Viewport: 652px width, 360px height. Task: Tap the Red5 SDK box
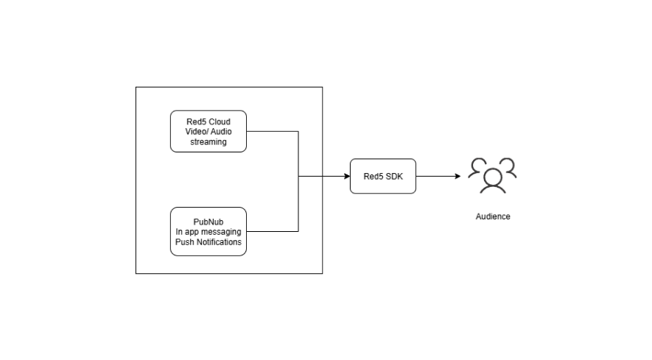pyautogui.click(x=382, y=176)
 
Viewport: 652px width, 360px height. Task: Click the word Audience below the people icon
pyautogui.click(x=493, y=216)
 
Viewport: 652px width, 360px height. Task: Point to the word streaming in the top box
pyautogui.click(x=208, y=141)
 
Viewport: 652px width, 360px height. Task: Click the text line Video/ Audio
pyautogui.click(x=208, y=131)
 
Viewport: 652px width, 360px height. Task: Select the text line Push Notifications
pyautogui.click(x=208, y=241)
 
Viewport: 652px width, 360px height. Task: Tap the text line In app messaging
pyautogui.click(x=208, y=231)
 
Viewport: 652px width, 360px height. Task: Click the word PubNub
pyautogui.click(x=208, y=221)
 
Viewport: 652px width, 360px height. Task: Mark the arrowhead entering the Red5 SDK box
pyautogui.click(x=346, y=176)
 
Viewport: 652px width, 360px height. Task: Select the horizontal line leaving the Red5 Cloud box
pyautogui.click(x=272, y=131)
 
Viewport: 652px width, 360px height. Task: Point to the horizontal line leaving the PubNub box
pyautogui.click(x=272, y=231)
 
